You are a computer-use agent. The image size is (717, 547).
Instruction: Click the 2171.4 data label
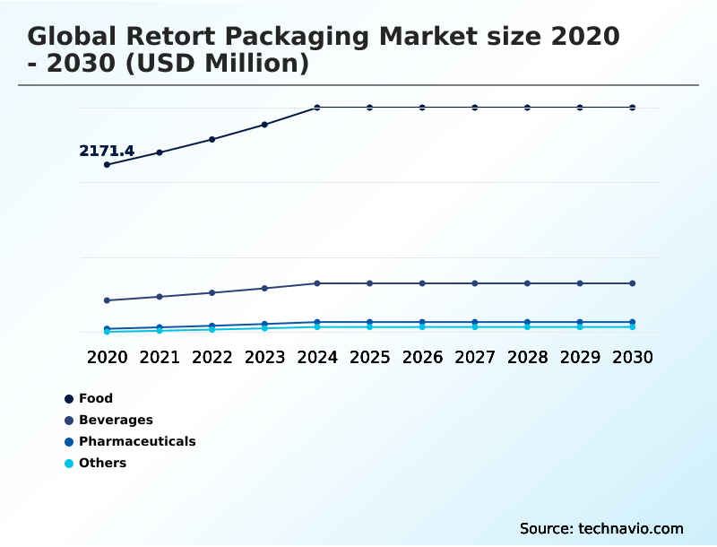tap(107, 151)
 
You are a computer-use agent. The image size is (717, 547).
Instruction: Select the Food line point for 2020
tap(107, 165)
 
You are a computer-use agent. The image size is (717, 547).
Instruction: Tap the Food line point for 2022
tap(212, 139)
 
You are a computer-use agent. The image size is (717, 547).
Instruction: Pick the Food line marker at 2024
tap(317, 108)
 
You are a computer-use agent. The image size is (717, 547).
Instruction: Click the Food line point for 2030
tap(633, 108)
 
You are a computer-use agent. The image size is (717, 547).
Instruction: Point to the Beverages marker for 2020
tap(107, 300)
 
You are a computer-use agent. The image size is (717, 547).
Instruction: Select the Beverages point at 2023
tap(264, 288)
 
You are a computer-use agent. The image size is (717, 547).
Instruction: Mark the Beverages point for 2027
tap(475, 283)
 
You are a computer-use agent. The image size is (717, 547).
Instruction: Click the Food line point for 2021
tap(160, 152)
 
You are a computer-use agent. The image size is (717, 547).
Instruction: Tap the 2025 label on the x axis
tap(369, 357)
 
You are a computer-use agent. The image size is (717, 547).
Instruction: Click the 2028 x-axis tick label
tap(527, 357)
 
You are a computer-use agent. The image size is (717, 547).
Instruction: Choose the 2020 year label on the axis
tap(107, 357)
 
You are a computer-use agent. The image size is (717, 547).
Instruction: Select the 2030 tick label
tap(633, 357)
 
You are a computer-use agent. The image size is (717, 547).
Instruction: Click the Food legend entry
tap(96, 398)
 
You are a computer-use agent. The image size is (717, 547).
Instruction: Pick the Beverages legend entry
tap(116, 420)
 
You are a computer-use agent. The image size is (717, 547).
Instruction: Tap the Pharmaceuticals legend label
tap(137, 441)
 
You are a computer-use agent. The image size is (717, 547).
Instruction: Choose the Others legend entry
tap(102, 463)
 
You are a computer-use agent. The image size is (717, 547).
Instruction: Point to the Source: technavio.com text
tap(601, 528)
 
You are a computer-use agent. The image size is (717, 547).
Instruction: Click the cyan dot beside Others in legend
tap(69, 464)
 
